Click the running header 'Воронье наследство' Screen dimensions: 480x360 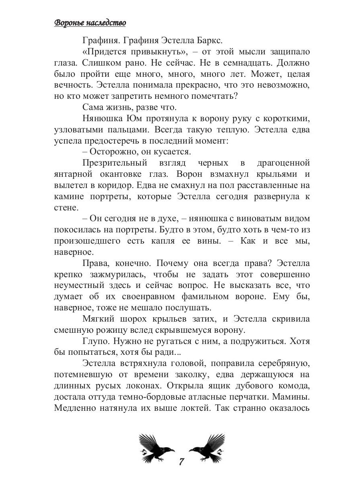click(x=90, y=23)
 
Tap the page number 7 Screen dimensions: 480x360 click(x=181, y=461)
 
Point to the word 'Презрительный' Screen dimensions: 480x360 click(x=109, y=163)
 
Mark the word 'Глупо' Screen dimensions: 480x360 click(x=94, y=341)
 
